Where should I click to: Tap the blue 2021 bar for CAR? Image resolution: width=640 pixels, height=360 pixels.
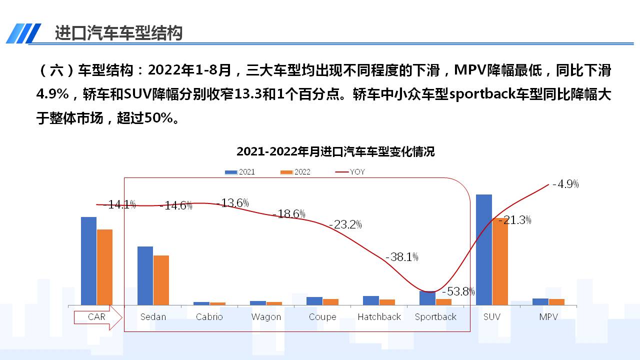click(x=88, y=260)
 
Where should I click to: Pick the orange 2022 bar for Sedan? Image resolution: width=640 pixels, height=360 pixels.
click(x=161, y=280)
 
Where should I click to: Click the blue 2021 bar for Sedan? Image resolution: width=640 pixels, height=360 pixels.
click(x=145, y=275)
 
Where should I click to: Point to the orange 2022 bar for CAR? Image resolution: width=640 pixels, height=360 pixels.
click(x=104, y=267)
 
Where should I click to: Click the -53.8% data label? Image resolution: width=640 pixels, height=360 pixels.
click(x=457, y=291)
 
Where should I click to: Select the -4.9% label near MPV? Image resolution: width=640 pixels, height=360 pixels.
click(x=565, y=184)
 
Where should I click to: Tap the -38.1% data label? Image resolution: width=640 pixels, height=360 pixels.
click(x=402, y=257)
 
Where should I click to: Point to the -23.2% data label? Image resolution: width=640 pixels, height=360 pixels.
click(x=345, y=224)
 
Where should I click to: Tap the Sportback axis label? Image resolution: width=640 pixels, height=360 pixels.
click(x=435, y=317)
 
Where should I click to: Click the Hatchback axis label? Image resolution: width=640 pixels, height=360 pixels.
click(x=379, y=317)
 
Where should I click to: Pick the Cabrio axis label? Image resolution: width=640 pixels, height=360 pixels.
click(x=209, y=317)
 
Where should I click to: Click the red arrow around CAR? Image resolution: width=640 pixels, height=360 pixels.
click(x=98, y=317)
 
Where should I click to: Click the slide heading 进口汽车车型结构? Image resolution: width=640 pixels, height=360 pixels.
click(x=118, y=32)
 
